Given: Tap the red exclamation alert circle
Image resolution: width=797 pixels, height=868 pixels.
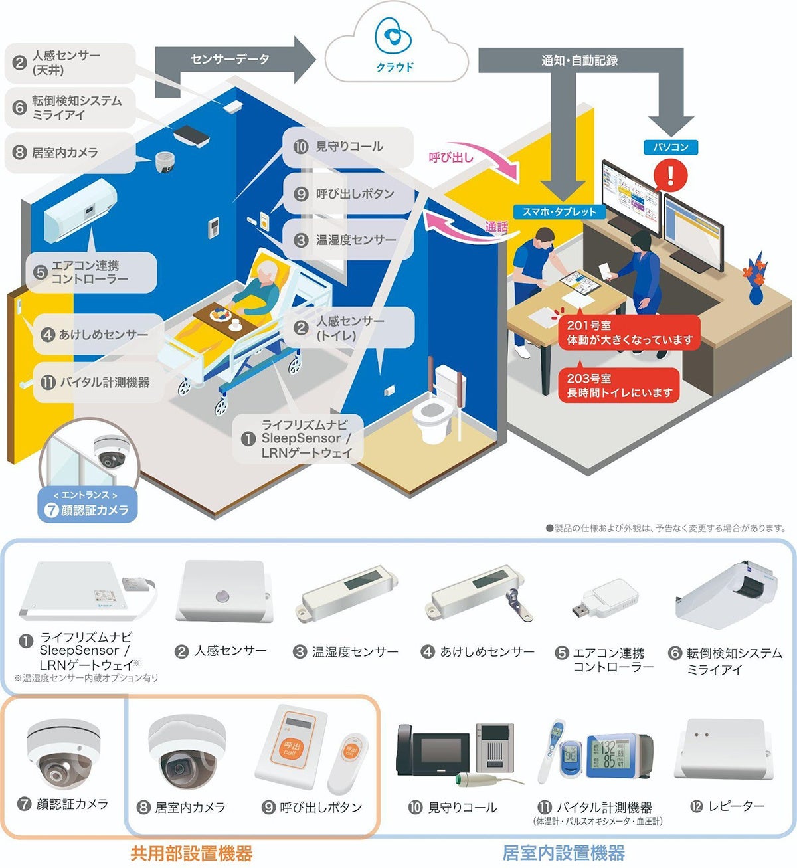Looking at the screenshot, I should (671, 175).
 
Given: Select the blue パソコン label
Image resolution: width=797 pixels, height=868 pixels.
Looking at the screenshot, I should (671, 147).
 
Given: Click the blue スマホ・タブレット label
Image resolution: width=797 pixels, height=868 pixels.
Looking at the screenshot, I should (559, 212).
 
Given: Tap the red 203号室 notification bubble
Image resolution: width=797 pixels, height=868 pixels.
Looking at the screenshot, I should (619, 386).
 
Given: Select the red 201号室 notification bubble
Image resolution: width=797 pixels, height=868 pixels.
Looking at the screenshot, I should (629, 333).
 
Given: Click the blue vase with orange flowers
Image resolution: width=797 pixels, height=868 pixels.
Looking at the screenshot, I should (755, 282).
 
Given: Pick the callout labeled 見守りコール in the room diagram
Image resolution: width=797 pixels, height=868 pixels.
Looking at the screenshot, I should (348, 147).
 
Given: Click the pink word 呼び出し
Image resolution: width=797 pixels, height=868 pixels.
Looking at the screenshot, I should (451, 157).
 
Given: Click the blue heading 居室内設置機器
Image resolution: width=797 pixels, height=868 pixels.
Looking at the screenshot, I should (563, 853).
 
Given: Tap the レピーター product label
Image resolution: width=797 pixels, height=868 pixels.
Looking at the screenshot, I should (736, 806).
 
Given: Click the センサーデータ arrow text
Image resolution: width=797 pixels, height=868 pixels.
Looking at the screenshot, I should (230, 60).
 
